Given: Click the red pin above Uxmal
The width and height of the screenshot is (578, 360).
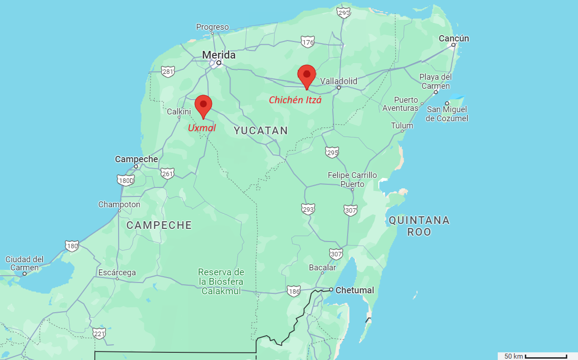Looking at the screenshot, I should click(x=203, y=105).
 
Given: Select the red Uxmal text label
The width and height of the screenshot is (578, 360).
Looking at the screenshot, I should click(x=202, y=128).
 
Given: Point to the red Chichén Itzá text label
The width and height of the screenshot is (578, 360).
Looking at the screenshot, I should click(x=295, y=100).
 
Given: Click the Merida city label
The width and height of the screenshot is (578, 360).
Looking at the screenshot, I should click(x=219, y=55).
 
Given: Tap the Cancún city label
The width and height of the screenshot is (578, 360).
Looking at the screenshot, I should click(x=454, y=39).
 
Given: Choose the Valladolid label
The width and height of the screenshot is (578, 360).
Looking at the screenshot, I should click(x=339, y=82).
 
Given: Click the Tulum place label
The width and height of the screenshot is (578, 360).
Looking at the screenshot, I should click(x=402, y=126).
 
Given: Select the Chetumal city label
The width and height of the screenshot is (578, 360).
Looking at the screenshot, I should click(x=354, y=291).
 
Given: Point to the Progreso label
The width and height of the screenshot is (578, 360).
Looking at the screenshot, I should click(x=212, y=27).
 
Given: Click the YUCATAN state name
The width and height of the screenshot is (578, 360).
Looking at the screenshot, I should click(x=261, y=131).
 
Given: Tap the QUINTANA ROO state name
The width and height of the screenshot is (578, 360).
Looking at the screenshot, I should click(x=419, y=226).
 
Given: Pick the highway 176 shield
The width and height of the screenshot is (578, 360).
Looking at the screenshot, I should click(x=308, y=42).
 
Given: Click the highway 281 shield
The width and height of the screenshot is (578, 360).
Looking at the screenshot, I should click(x=168, y=72).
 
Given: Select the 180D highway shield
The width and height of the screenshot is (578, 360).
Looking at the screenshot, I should click(x=126, y=181).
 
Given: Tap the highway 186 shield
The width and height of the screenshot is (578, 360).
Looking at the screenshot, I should click(x=294, y=291).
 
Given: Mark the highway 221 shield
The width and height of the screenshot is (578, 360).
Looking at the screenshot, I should click(x=99, y=333).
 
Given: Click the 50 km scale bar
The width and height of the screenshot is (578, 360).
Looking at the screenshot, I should click(x=546, y=356).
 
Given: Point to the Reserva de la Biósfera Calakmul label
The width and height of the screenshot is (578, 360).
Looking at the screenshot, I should click(x=221, y=282).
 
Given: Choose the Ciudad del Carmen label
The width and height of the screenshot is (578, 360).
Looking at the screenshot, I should click(x=24, y=264).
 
